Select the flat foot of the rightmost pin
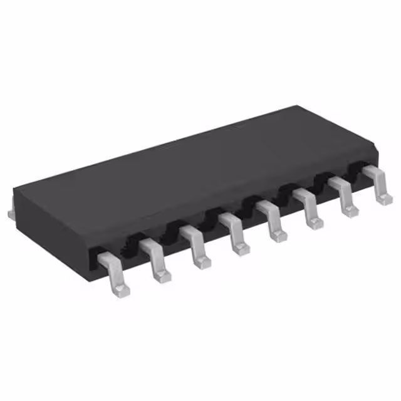tap(383, 198)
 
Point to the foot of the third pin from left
tap(202, 262)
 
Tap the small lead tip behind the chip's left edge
tap(10, 214)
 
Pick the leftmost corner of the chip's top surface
tap(14, 186)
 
